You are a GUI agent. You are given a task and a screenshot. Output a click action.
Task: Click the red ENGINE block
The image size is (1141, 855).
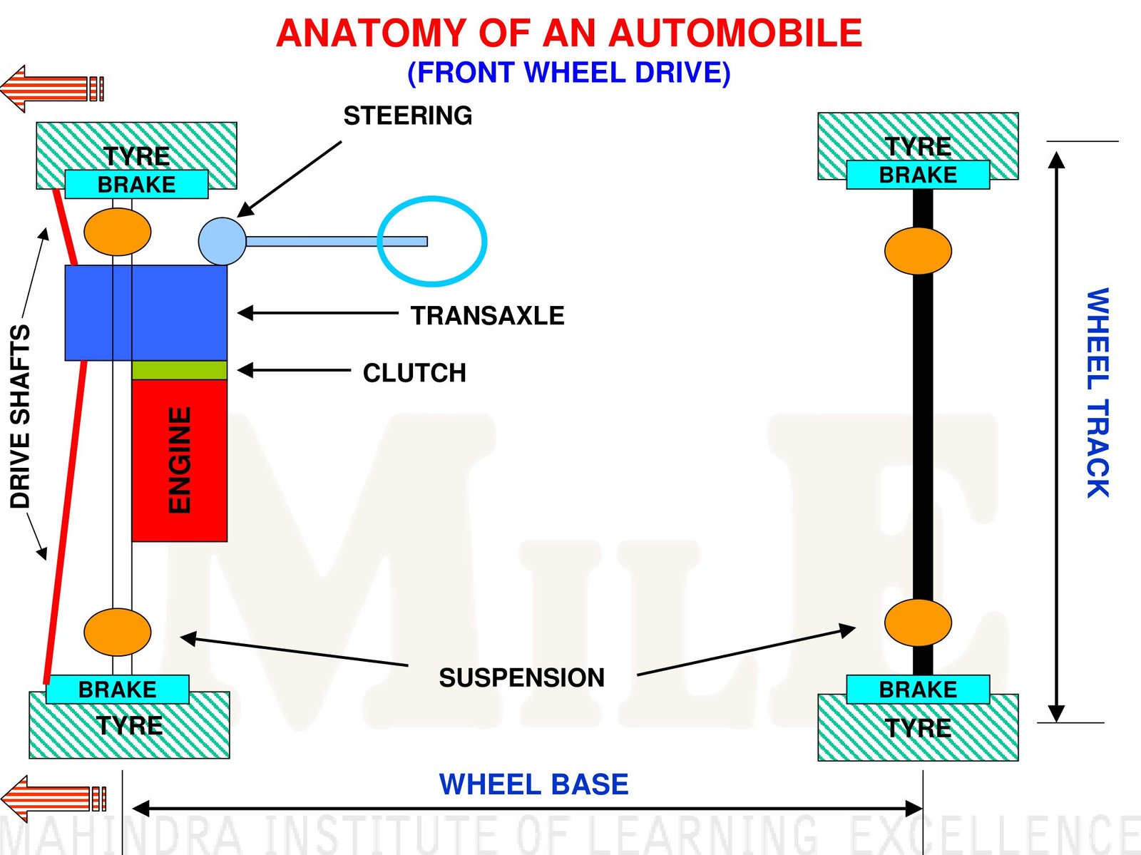click(179, 460)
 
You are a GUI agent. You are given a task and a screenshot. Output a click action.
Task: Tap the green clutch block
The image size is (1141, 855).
click(179, 370)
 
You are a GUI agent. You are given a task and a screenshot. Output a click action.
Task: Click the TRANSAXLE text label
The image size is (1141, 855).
click(487, 315)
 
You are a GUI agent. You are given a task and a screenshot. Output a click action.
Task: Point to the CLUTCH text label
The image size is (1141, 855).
click(414, 373)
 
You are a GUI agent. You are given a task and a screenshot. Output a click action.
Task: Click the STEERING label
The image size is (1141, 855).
click(407, 116)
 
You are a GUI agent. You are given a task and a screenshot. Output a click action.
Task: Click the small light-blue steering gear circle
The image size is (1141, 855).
click(222, 241)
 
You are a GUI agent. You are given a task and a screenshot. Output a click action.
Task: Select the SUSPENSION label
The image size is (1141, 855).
click(521, 677)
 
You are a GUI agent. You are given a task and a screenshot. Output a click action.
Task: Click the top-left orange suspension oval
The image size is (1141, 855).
click(118, 232)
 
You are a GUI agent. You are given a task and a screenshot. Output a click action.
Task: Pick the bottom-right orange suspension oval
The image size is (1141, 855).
click(918, 623)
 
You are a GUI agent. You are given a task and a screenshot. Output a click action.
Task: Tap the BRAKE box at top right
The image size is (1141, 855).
click(918, 175)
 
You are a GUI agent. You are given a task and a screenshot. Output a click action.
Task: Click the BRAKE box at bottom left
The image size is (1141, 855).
click(118, 690)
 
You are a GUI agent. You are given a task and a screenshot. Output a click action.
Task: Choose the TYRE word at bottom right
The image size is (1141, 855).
click(918, 728)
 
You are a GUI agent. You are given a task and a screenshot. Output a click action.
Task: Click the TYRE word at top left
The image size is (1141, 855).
click(136, 155)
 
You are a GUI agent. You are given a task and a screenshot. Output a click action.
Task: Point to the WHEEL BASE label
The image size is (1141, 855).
click(533, 784)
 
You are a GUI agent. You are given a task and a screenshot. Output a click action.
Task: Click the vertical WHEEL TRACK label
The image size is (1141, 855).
click(1097, 392)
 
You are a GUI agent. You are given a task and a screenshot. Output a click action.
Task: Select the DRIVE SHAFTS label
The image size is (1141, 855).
click(21, 416)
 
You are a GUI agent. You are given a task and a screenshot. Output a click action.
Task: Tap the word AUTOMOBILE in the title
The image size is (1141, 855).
click(735, 34)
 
